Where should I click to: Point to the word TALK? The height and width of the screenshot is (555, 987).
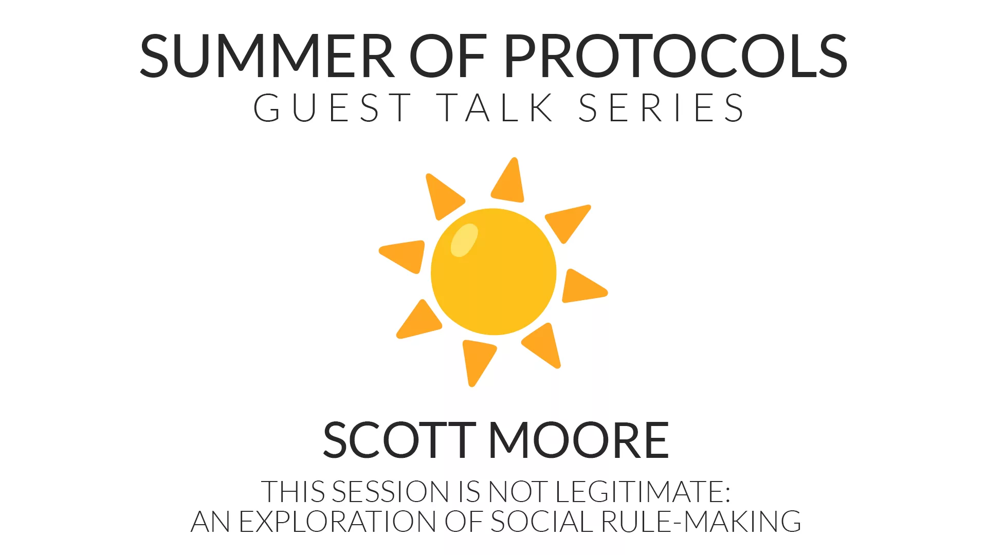pyautogui.click(x=497, y=108)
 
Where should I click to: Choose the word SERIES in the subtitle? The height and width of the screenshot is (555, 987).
pyautogui.click(x=661, y=108)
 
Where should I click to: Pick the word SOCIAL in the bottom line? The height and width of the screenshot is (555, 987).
pyautogui.click(x=543, y=522)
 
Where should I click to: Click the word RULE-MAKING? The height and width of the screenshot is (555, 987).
pyautogui.click(x=701, y=522)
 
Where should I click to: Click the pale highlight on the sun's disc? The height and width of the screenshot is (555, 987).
pyautogui.click(x=464, y=240)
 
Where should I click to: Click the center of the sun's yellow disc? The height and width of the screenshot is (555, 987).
pyautogui.click(x=493, y=272)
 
